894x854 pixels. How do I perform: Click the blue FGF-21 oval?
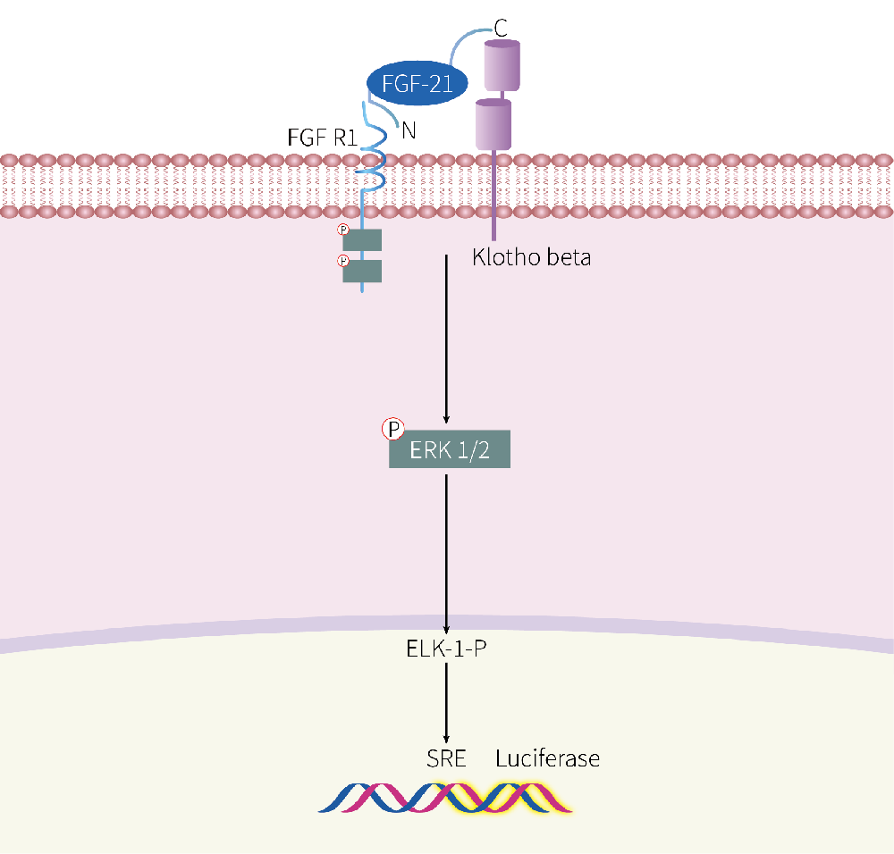tap(417, 84)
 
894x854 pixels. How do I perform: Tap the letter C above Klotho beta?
tap(502, 27)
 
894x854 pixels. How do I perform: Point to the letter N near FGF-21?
tap(409, 130)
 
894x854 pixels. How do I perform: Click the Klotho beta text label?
tap(531, 259)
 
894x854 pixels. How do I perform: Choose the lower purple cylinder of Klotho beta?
tap(493, 124)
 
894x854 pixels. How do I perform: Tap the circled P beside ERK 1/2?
tap(392, 430)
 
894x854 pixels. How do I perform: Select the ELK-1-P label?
tap(446, 647)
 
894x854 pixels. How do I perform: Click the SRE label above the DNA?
tap(447, 759)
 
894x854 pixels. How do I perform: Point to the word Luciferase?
tap(547, 759)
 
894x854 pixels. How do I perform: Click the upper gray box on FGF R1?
tap(362, 239)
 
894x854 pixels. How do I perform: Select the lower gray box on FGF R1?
tap(362, 271)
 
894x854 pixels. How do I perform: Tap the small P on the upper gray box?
tap(342, 230)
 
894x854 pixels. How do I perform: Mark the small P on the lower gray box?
tap(342, 261)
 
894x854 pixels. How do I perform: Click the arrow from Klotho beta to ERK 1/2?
tap(446, 339)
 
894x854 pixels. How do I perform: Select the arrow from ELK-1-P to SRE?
tap(446, 701)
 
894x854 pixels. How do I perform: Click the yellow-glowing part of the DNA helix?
tap(501, 797)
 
